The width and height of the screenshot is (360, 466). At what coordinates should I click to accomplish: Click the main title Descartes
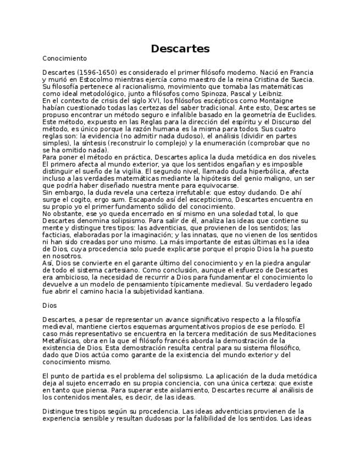180,49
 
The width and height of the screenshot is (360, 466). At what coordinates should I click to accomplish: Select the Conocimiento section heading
64,58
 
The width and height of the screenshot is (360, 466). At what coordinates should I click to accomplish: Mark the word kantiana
189,292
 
